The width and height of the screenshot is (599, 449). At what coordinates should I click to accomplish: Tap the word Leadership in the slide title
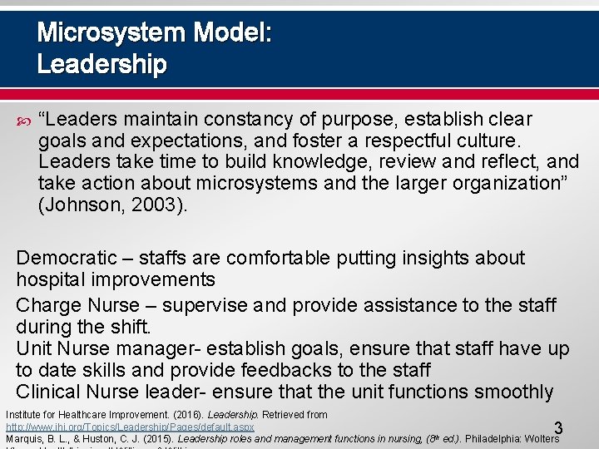coord(101,64)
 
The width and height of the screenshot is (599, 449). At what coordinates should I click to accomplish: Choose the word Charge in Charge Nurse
coord(47,305)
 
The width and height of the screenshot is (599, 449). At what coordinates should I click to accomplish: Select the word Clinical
coord(47,392)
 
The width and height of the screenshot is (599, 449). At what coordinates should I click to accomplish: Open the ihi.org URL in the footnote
coord(130,427)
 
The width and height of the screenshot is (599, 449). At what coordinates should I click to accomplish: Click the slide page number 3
coord(558,429)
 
